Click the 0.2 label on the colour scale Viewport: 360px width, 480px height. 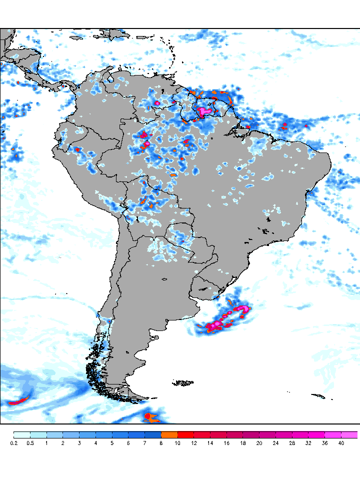pyautogui.click(x=13, y=443)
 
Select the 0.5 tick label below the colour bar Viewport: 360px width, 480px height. pyautogui.click(x=30, y=443)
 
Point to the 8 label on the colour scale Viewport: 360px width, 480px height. pyautogui.click(x=161, y=443)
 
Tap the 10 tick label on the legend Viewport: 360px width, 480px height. pyautogui.click(x=177, y=443)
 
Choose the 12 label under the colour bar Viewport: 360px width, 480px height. pyautogui.click(x=194, y=443)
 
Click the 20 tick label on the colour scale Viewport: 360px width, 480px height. pyautogui.click(x=259, y=443)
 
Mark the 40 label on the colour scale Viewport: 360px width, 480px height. pyautogui.click(x=341, y=443)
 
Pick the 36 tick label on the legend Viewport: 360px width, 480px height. pyautogui.click(x=325, y=443)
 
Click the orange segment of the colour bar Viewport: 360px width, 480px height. pyautogui.click(x=169, y=434)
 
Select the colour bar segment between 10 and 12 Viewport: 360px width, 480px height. pyautogui.click(x=186, y=434)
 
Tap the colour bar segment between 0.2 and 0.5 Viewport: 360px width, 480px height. pyautogui.click(x=22, y=434)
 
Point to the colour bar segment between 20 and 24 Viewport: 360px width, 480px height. pyautogui.click(x=267, y=434)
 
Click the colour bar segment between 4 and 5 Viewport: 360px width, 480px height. pyautogui.click(x=104, y=434)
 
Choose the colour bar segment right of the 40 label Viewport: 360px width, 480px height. pyautogui.click(x=349, y=434)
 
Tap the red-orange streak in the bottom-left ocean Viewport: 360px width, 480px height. pyautogui.click(x=19, y=400)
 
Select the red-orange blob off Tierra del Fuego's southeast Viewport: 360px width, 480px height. pyautogui.click(x=147, y=416)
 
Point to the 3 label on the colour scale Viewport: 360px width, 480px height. pyautogui.click(x=79, y=443)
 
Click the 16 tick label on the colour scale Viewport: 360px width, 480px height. pyautogui.click(x=226, y=443)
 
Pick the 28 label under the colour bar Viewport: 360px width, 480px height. pyautogui.click(x=292, y=443)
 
